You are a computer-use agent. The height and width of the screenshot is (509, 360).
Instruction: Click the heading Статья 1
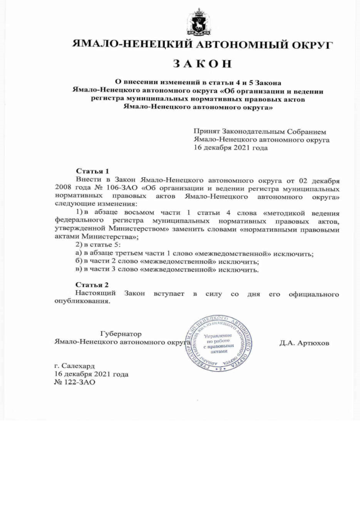[x=92, y=170]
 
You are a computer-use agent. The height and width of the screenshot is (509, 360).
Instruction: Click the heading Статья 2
[x=92, y=285]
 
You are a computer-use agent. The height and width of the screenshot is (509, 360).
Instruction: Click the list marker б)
[x=79, y=262]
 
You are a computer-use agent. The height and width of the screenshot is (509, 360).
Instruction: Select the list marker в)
[x=79, y=269]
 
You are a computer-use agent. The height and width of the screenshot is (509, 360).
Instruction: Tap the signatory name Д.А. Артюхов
[x=304, y=342]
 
